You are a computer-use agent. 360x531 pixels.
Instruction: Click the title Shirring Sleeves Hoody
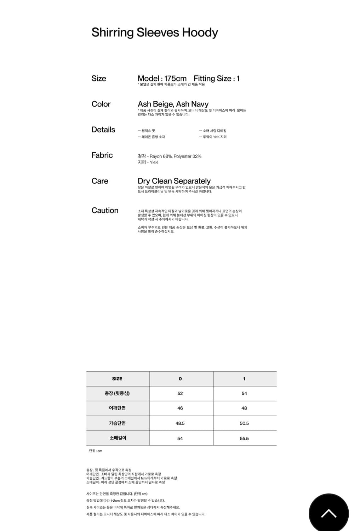click(x=155, y=33)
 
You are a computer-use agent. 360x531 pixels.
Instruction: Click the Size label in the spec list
click(x=99, y=79)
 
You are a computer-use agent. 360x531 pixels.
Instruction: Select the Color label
click(x=101, y=104)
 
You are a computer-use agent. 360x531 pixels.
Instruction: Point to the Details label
click(x=103, y=130)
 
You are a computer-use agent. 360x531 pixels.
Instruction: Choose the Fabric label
click(x=102, y=155)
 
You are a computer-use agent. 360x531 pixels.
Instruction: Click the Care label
click(x=100, y=181)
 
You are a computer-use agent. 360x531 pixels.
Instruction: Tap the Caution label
click(x=105, y=210)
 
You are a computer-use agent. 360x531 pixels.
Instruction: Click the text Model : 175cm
click(x=162, y=79)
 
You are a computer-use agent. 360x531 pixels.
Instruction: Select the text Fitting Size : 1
click(x=216, y=79)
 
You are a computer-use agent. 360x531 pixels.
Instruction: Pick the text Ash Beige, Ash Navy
click(x=173, y=104)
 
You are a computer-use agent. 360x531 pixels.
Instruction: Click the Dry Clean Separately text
click(x=174, y=181)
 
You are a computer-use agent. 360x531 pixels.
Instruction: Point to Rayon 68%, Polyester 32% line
click(x=170, y=156)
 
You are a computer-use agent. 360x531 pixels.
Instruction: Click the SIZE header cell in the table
click(x=117, y=379)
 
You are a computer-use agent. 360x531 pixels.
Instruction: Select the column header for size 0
click(x=180, y=379)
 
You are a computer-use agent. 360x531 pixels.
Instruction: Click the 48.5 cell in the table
click(x=180, y=423)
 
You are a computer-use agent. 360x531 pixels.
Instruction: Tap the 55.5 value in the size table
click(x=244, y=438)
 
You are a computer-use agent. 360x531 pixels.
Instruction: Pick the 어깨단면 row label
click(x=117, y=408)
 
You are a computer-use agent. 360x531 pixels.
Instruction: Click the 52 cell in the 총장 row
click(x=180, y=393)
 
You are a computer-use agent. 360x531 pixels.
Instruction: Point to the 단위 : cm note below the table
click(x=96, y=451)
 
